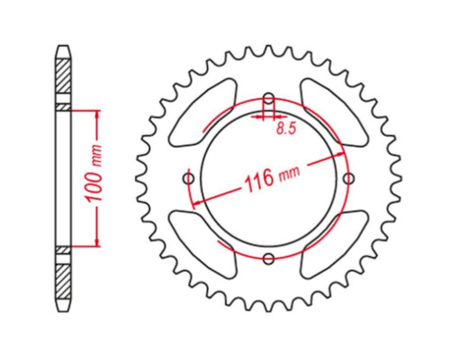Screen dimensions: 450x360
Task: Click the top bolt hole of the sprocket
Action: (269, 98)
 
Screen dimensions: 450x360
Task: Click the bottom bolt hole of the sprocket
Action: (269, 258)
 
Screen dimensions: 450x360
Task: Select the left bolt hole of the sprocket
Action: (189, 179)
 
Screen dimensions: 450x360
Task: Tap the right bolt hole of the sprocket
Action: (348, 179)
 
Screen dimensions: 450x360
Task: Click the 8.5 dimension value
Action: (286, 129)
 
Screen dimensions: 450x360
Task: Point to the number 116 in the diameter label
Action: (259, 180)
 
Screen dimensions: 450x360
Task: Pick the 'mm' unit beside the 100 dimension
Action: (96, 156)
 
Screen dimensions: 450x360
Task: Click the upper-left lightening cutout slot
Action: (202, 112)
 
